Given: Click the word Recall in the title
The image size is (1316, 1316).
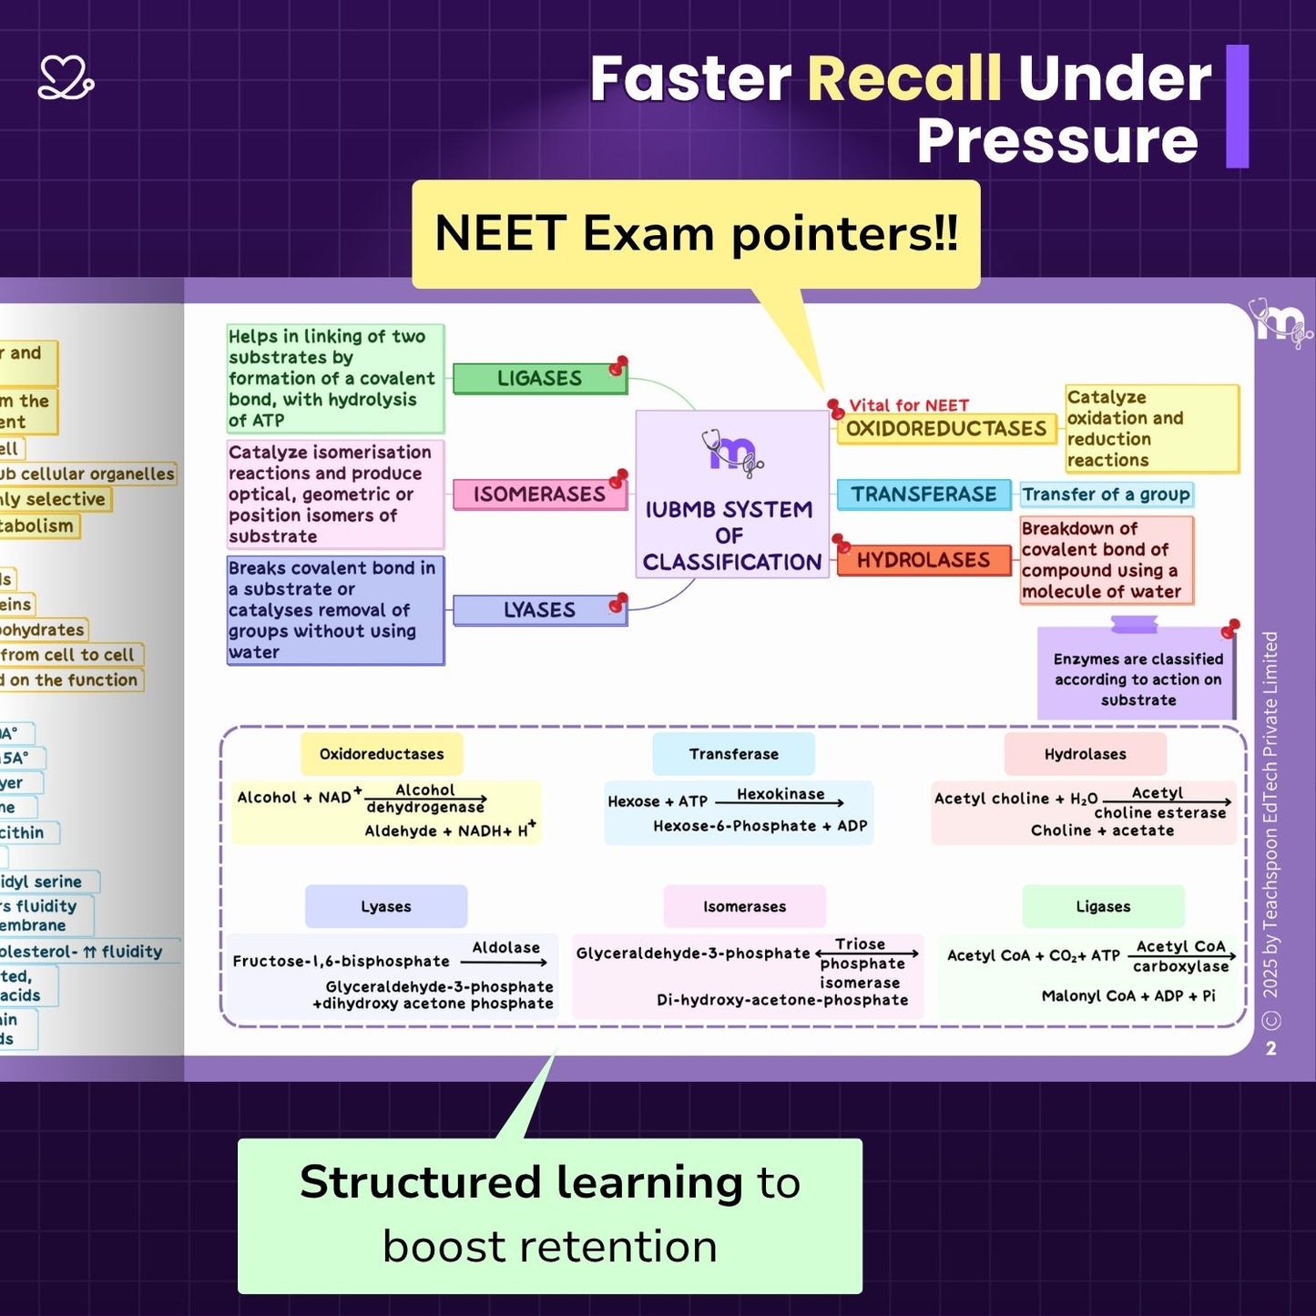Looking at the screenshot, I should pyautogui.click(x=903, y=78).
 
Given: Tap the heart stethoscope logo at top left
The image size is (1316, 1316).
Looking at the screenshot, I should pyautogui.click(x=66, y=77).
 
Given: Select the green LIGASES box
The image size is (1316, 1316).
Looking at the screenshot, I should pyautogui.click(x=539, y=378).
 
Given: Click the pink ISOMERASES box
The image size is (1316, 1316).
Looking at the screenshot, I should pyautogui.click(x=539, y=494).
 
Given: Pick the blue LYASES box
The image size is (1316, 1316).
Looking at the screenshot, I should pyautogui.click(x=539, y=609).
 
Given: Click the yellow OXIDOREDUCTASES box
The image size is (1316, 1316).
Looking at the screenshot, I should pyautogui.click(x=945, y=428).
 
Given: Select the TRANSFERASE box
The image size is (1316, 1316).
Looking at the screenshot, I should pyautogui.click(x=923, y=494).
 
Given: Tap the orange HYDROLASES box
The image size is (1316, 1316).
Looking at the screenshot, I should pyautogui.click(x=923, y=559).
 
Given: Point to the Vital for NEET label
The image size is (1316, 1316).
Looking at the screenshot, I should pyautogui.click(x=908, y=405).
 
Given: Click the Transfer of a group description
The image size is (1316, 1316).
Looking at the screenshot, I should pyautogui.click(x=1106, y=494).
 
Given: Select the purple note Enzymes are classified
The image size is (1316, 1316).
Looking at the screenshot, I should pyautogui.click(x=1137, y=678).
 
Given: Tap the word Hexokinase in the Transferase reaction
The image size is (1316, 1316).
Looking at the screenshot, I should pyautogui.click(x=780, y=793).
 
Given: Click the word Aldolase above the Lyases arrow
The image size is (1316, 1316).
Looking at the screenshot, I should pyautogui.click(x=505, y=947).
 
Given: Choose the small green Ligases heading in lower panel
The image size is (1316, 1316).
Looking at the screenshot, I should pyautogui.click(x=1103, y=906).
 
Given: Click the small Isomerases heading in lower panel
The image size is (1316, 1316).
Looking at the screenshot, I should pyautogui.click(x=744, y=906).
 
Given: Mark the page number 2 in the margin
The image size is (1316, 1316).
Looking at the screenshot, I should pyautogui.click(x=1271, y=1048).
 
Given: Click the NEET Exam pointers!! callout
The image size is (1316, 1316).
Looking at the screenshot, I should pyautogui.click(x=696, y=234).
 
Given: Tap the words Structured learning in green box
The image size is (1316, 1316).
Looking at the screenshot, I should pyautogui.click(x=521, y=1182).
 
